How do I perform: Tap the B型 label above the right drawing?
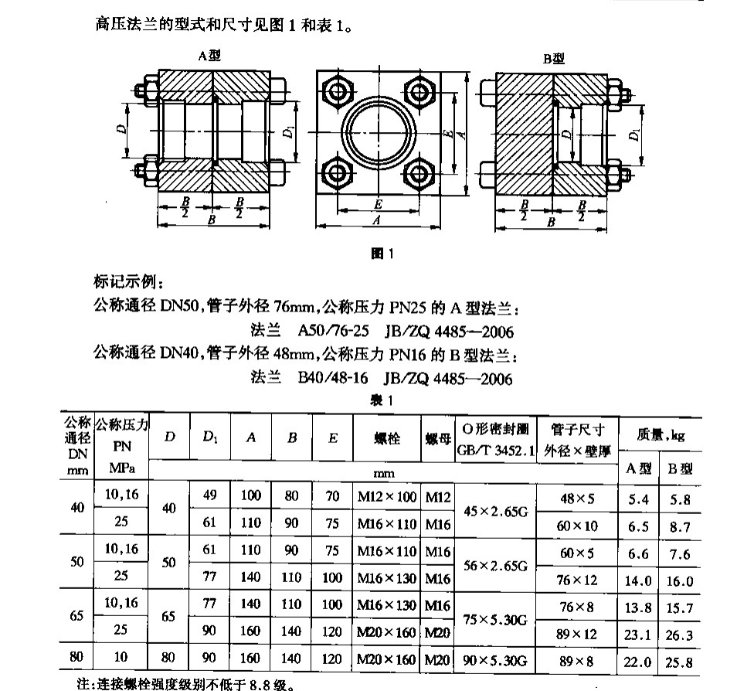pyautogui.click(x=553, y=58)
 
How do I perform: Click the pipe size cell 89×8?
pyautogui.click(x=577, y=661)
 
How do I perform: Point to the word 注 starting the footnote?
pyautogui.click(x=73, y=683)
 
